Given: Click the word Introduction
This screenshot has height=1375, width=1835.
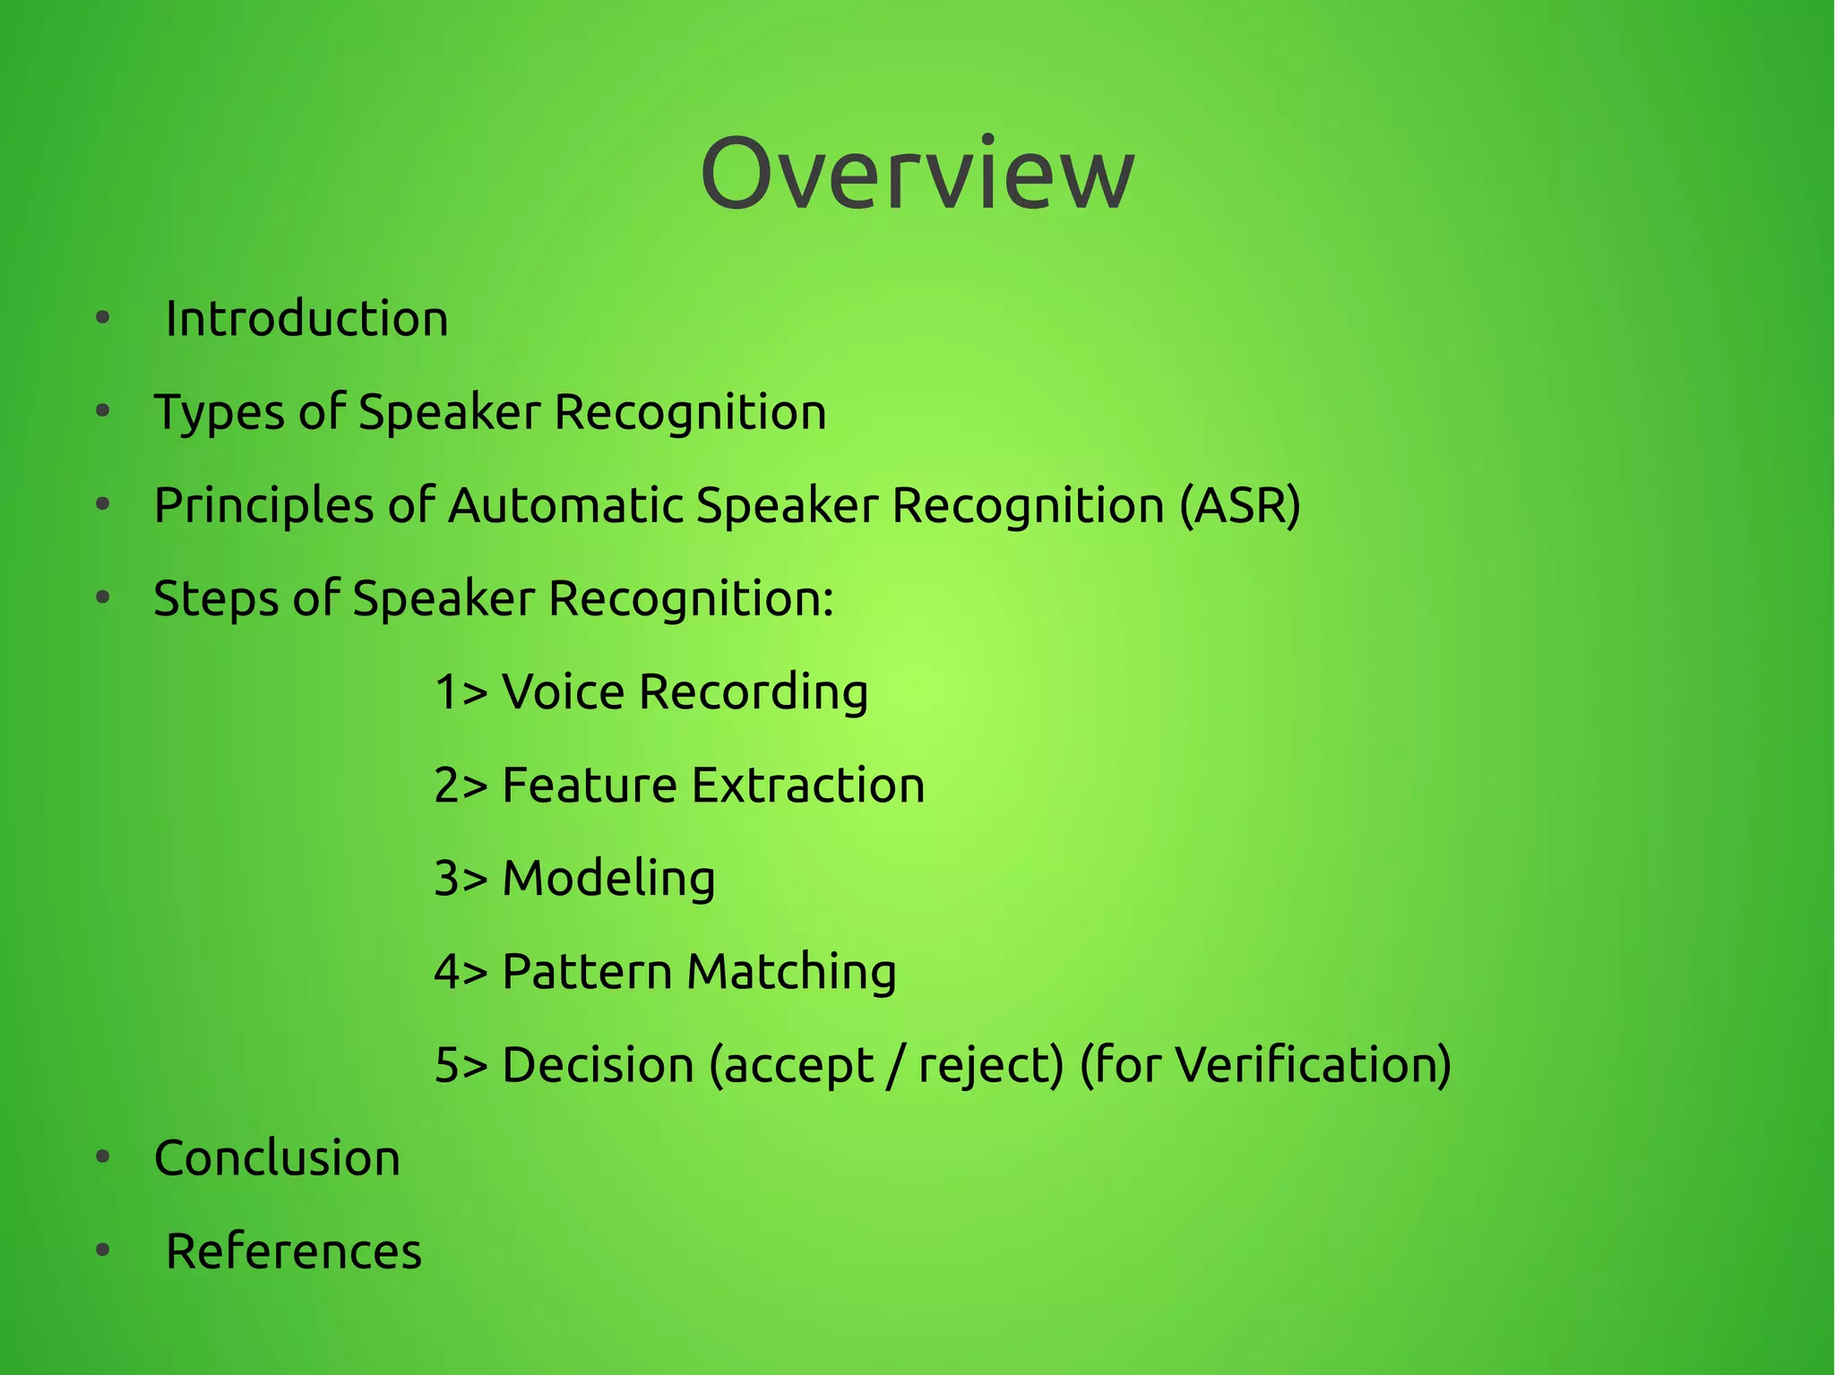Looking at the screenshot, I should point(306,319).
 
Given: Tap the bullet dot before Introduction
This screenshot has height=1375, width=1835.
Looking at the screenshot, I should point(103,318).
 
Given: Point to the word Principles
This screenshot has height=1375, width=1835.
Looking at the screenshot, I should point(263,506).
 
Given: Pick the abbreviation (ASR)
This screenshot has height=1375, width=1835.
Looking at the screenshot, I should point(1239,505).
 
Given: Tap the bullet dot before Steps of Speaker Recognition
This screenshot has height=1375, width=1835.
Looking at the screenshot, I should point(103,597).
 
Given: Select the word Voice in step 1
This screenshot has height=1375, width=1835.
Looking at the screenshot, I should point(563,692).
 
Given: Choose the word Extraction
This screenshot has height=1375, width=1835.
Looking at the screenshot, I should point(808,786).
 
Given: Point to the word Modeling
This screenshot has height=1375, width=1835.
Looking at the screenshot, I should point(608,879).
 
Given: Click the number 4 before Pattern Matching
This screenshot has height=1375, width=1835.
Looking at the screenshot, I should point(445,972).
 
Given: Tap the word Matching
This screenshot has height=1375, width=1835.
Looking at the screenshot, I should point(791,972).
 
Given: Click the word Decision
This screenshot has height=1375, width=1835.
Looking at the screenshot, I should point(598,1065).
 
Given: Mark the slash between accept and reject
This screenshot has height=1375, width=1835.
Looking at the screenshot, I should point(892,1066).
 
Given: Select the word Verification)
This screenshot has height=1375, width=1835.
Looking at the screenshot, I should point(1313,1065).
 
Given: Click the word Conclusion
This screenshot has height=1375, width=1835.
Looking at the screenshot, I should point(277,1158).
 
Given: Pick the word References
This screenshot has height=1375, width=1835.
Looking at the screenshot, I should point(293,1251).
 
